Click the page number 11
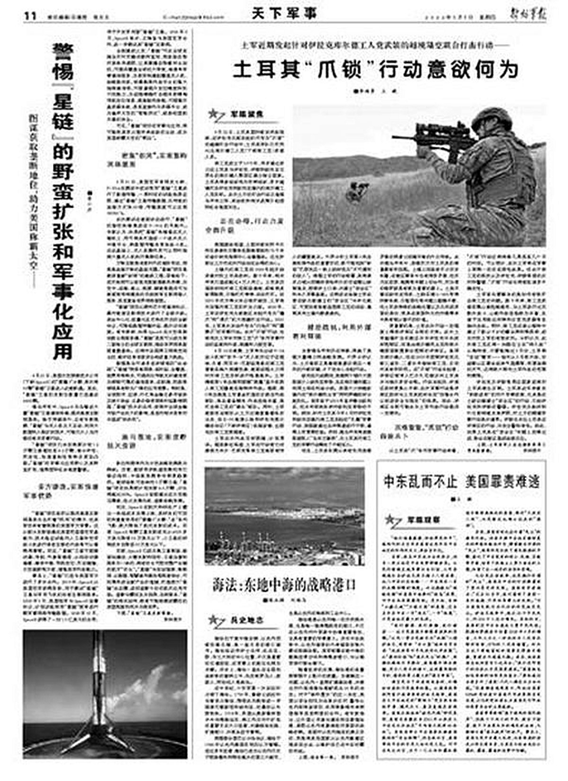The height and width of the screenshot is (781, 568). [x=30, y=16]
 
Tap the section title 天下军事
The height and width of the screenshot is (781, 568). [x=284, y=14]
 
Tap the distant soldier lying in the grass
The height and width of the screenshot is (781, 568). [x=355, y=190]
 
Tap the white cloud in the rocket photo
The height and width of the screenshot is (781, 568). [x=147, y=682]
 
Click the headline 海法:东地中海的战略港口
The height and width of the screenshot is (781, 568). [x=284, y=586]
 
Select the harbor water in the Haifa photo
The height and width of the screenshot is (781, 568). [x=284, y=526]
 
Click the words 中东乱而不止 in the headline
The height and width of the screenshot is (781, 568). [x=420, y=482]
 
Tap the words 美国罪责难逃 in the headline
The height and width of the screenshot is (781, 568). [x=502, y=482]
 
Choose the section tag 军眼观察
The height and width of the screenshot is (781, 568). [x=424, y=520]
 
